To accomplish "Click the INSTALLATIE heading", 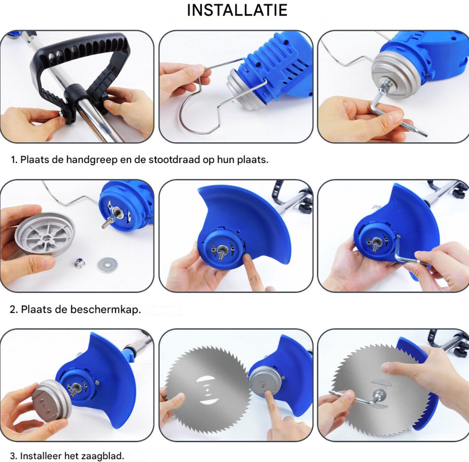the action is click(237, 10).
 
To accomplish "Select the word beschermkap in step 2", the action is click(106, 310).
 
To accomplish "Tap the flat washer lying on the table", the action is click(107, 264).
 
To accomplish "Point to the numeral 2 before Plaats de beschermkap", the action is click(13, 309).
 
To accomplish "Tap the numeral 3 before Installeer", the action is click(13, 455).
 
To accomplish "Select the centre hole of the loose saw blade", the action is click(207, 389).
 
